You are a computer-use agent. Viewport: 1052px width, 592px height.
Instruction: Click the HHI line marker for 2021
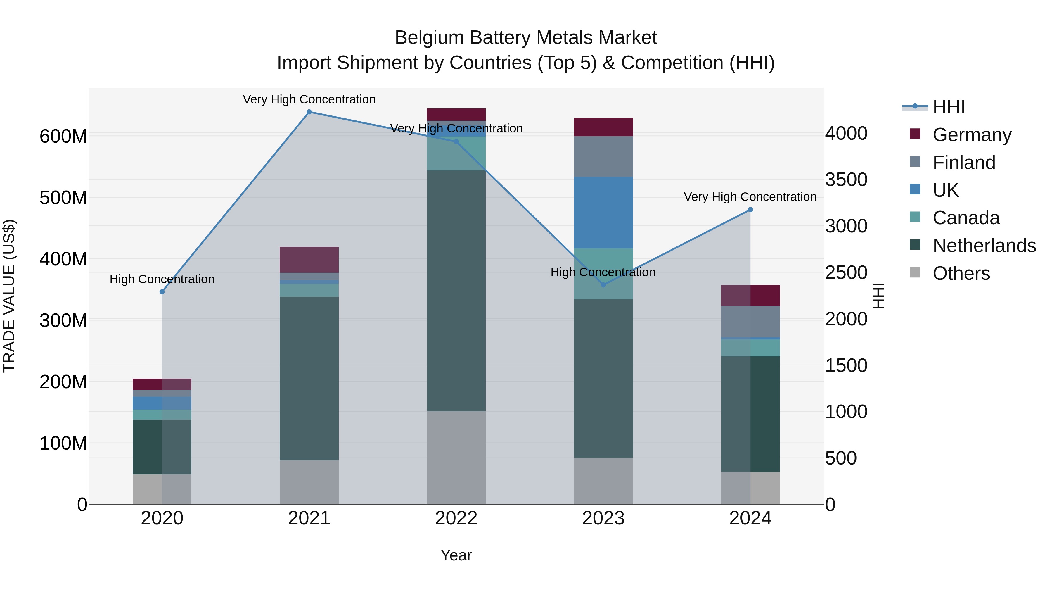[309, 112]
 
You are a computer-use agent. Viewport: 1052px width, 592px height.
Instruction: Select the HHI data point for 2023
[603, 285]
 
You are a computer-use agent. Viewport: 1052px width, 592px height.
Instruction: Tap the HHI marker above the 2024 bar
[750, 210]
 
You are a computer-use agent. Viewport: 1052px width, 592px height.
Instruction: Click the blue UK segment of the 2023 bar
[603, 213]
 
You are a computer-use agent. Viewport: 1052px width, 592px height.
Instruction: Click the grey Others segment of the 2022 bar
[456, 458]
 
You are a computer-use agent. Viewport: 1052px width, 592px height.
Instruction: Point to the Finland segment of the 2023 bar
[603, 156]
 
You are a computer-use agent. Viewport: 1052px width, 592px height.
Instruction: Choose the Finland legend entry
[964, 163]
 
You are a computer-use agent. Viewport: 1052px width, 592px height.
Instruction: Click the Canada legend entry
[966, 218]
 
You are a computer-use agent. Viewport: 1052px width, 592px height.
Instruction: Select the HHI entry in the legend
[949, 107]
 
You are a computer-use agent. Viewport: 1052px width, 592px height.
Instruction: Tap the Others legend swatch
[915, 272]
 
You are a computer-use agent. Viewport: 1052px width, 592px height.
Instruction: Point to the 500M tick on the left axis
[63, 198]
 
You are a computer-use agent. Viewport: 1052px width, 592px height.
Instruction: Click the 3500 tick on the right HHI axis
[846, 180]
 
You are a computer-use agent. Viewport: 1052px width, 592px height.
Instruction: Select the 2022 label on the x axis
[456, 518]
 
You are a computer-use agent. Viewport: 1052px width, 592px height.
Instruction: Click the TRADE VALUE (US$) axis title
[9, 296]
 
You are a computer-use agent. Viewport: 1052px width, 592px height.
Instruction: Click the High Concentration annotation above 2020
[162, 279]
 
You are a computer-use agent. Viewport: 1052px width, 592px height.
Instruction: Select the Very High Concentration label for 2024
[750, 197]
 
